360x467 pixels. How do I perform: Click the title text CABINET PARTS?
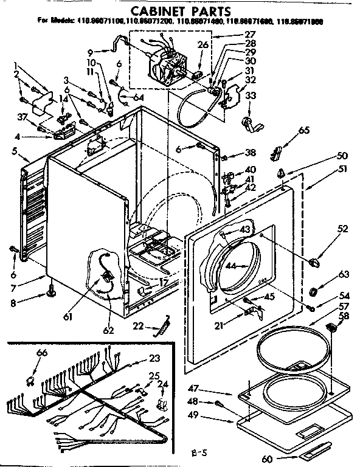[x=181, y=10]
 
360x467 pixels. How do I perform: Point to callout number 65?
[x=304, y=130]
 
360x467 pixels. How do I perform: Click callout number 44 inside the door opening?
[x=230, y=266]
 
